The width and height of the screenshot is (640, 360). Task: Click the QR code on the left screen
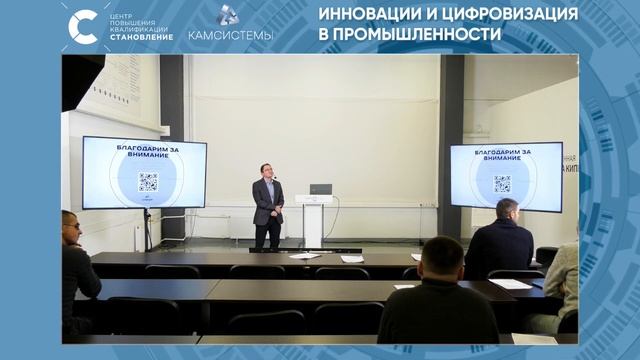coord(148,181)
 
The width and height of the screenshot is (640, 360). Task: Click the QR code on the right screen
coord(502,183)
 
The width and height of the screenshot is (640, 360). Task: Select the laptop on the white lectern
coord(319,189)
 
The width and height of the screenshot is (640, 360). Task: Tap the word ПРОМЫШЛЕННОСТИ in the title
coord(425,36)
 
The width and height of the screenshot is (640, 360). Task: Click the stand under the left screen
coord(148,228)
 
